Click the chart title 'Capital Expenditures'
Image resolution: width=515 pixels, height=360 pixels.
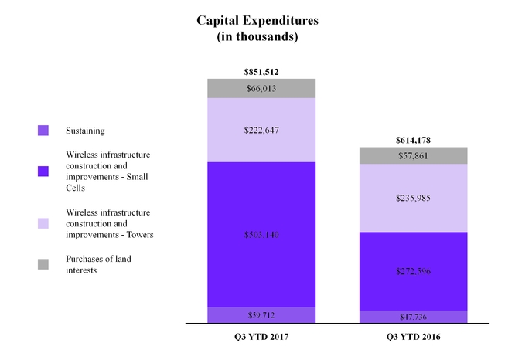257,21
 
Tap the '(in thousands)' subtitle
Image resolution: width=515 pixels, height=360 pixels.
257,36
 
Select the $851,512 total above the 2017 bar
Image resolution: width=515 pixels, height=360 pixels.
261,72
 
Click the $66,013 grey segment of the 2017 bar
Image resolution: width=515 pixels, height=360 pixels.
261,88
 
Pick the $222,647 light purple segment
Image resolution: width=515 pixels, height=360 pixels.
261,130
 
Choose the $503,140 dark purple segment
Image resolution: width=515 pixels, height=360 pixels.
261,234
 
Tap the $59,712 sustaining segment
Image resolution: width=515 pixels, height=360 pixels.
261,314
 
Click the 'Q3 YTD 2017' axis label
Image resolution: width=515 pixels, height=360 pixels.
261,338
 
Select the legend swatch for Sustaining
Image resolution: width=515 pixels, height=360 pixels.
43,131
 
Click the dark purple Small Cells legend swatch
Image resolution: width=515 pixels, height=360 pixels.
43,171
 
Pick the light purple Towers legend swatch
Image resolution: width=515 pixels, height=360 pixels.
43,223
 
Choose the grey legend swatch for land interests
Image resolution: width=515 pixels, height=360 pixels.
43,264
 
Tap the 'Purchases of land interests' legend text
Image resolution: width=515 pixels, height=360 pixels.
97,264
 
